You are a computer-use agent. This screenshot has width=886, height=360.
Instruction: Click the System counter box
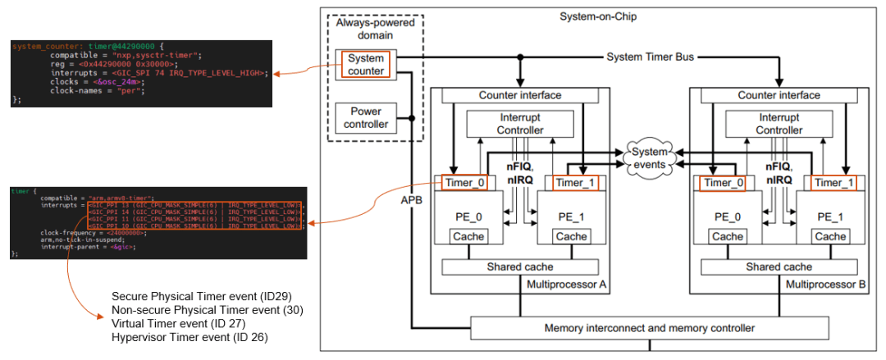click(366, 65)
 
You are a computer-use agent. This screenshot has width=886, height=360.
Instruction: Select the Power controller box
click(366, 118)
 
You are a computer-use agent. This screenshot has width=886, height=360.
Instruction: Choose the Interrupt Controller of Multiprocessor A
click(520, 124)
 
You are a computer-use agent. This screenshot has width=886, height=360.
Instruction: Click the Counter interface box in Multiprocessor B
click(779, 95)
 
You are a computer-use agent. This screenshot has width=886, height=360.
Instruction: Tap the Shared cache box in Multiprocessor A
click(520, 267)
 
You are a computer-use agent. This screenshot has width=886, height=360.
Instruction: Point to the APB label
click(413, 199)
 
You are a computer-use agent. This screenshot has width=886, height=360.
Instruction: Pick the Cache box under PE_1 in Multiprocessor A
click(571, 236)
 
